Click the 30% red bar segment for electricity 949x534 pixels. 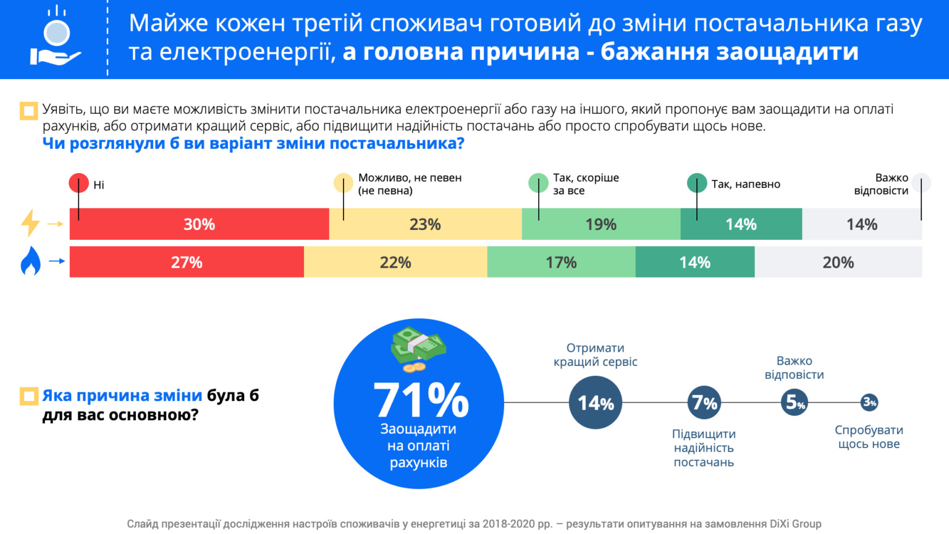pos(199,224)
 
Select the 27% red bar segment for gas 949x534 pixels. pos(187,262)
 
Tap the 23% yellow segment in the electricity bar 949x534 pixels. pos(425,224)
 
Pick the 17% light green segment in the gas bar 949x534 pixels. pos(561,262)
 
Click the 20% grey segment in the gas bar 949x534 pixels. pos(838,262)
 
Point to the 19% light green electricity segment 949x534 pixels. pos(601,224)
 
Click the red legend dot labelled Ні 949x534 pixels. pos(78,184)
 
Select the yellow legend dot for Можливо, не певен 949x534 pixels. pos(344,184)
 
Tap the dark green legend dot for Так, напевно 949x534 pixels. pos(697,184)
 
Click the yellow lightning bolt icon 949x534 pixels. pos(30,223)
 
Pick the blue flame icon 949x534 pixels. pos(30,261)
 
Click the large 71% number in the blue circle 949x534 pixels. pos(421,399)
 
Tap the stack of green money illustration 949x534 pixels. pos(418,346)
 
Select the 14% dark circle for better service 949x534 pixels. pos(596,403)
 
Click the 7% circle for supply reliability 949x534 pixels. pos(704,403)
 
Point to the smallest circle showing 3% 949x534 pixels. pos(869,402)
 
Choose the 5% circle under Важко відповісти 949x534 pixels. pos(795,402)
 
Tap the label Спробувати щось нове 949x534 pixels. pos(869,437)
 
